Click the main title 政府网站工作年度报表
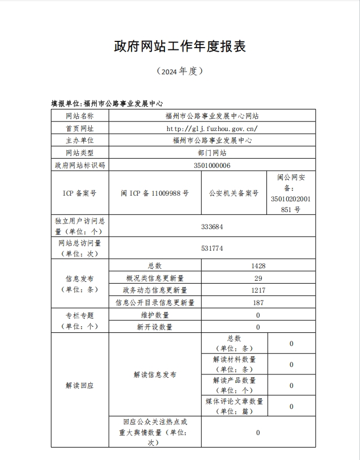(180, 47)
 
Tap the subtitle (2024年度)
(180, 71)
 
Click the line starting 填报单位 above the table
(107, 103)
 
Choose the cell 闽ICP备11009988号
(155, 193)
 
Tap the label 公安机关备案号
(234, 193)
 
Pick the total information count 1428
(258, 265)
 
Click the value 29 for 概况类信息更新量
(258, 278)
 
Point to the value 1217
(258, 290)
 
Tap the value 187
(258, 303)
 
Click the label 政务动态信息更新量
(155, 290)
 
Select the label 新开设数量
(155, 327)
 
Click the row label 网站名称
(79, 116)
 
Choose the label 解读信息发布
(155, 375)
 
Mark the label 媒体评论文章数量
(234, 401)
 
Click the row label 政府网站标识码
(79, 165)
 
